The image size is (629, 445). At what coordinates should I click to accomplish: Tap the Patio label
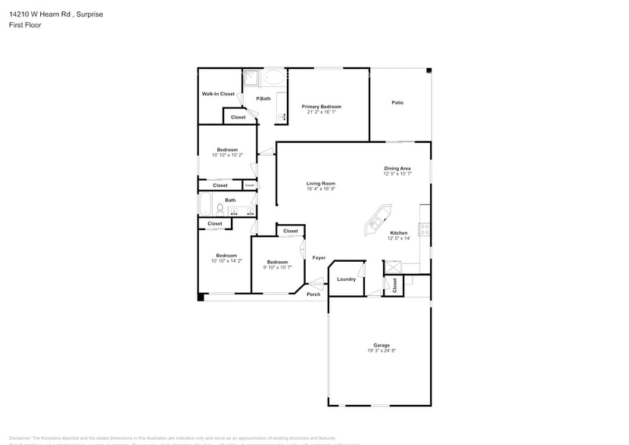397,102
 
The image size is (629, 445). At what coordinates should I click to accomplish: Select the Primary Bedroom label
321,107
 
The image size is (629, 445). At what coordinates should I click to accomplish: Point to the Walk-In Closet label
218,94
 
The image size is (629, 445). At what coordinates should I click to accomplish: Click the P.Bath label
263,98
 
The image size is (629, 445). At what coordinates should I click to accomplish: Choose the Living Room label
320,183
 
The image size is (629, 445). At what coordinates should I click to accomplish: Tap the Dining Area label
397,168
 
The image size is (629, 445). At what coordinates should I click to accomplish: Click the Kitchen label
398,233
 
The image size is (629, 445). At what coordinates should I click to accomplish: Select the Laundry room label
346,279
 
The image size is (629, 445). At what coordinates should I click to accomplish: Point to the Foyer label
319,258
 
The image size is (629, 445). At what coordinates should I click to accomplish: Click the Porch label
313,294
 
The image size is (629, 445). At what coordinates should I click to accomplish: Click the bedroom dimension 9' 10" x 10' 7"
277,267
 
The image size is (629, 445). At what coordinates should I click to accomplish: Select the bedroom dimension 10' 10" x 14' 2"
226,261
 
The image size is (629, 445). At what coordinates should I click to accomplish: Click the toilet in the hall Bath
220,208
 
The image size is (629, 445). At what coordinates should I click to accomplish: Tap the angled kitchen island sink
375,222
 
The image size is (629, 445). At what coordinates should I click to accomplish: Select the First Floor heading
25,25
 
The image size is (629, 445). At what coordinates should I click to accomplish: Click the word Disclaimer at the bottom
19,437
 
